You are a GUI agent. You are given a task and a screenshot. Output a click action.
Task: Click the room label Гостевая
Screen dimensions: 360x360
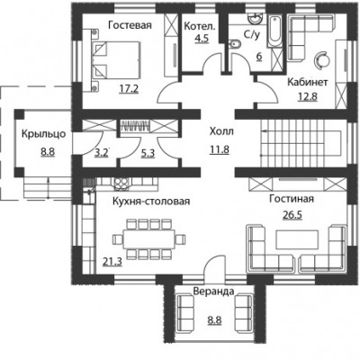coord(130,25)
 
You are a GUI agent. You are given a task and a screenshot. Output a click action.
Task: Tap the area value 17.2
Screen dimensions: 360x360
coord(129,88)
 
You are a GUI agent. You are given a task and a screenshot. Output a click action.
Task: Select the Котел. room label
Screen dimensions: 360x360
coord(200,26)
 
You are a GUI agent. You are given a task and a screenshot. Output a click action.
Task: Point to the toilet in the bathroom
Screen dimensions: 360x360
coord(234,45)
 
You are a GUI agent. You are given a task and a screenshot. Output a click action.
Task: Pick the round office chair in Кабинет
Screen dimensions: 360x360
coord(321,58)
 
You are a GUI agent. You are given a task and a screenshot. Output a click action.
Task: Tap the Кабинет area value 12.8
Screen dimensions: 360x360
coord(308,96)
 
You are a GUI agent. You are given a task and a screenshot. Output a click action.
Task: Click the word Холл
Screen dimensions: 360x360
coord(221,131)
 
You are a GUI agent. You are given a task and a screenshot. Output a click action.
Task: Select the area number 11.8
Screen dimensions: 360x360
coord(220,149)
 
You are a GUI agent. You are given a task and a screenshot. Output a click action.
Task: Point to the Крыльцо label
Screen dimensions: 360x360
coord(43,134)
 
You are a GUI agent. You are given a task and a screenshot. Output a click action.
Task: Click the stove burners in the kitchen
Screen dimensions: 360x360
coord(121,184)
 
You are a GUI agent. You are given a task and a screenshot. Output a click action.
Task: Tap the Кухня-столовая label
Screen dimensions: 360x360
coord(151,201)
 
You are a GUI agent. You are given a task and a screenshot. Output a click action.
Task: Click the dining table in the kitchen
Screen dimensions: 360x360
coord(149,239)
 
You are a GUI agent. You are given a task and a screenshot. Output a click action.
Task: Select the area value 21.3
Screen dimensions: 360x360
coord(112,262)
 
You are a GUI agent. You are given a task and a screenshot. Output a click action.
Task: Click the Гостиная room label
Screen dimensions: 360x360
coord(292,199)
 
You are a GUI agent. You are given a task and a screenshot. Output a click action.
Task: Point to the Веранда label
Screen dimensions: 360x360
coord(213,292)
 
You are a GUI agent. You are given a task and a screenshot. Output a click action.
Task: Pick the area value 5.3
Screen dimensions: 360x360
coord(148,154)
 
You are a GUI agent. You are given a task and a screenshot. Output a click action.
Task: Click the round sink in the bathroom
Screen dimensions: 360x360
coord(256,19)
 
